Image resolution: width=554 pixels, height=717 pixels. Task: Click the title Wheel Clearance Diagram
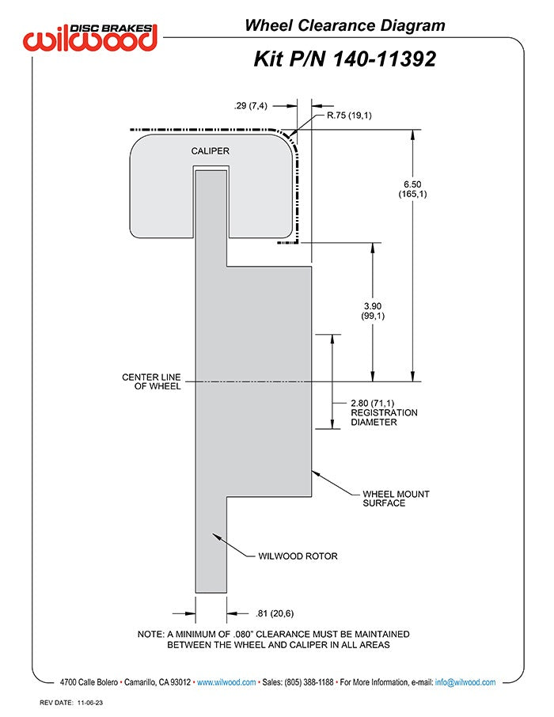(344, 25)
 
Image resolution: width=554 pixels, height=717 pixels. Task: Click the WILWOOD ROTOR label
(298, 556)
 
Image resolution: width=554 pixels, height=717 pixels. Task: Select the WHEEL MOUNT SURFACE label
(396, 499)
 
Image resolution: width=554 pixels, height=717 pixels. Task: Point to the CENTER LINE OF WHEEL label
(151, 381)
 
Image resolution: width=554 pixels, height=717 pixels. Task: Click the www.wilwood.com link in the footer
(226, 682)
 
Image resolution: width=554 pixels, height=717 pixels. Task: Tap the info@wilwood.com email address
(465, 682)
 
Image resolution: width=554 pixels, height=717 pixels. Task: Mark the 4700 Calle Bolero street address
(89, 682)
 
